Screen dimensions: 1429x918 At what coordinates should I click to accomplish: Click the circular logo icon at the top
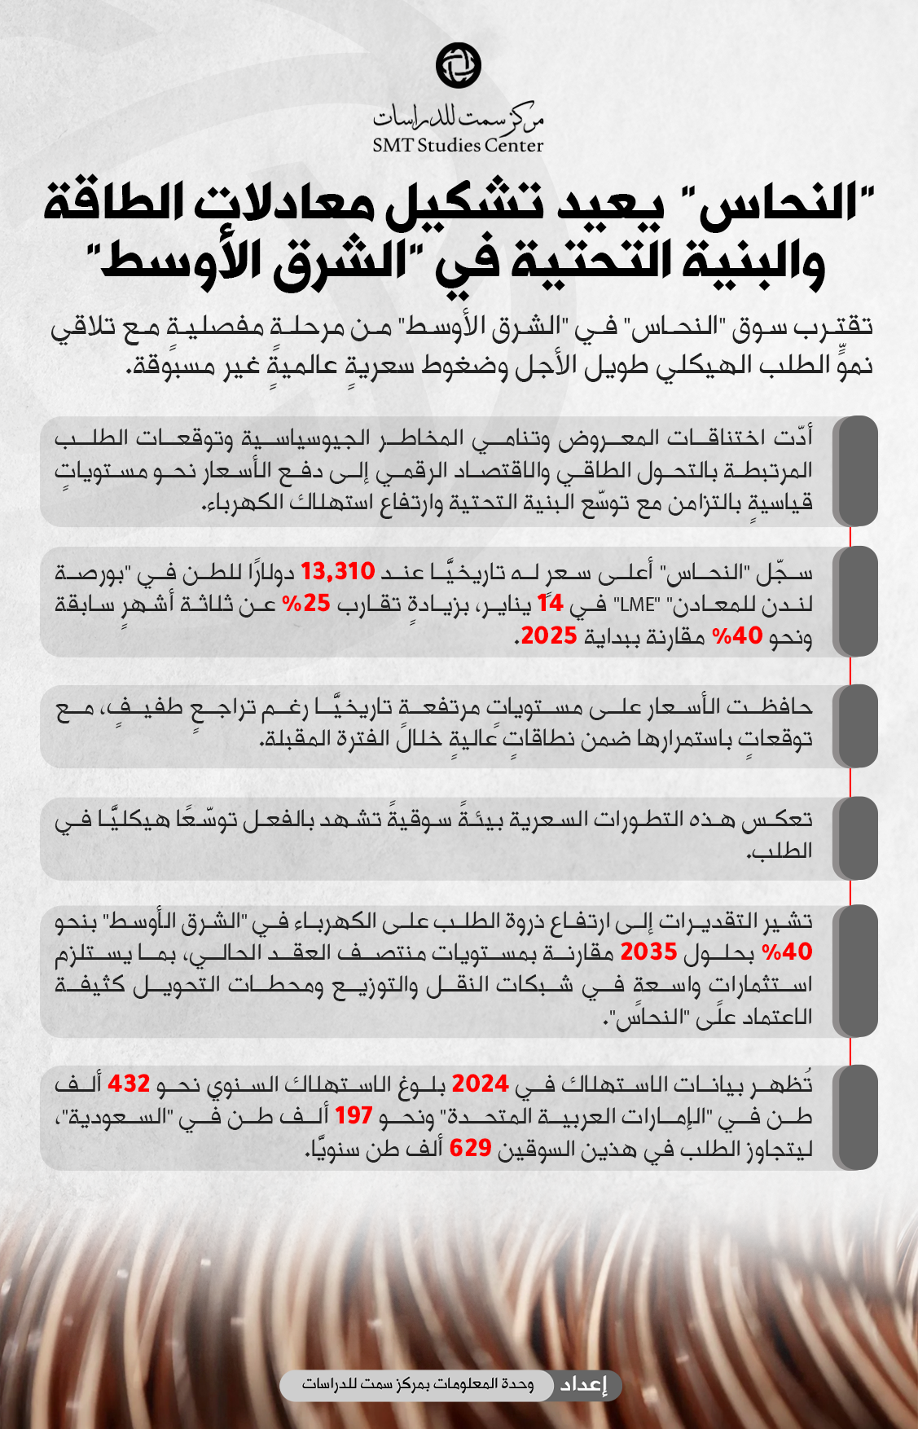coord(459,65)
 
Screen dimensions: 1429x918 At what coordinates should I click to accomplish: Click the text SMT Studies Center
coord(458,145)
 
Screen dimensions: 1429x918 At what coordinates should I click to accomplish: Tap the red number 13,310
coord(337,572)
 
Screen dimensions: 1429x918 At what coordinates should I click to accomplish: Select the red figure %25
coord(305,604)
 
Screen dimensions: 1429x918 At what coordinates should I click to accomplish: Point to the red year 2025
coord(548,635)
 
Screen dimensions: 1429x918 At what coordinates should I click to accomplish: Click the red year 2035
coord(648,952)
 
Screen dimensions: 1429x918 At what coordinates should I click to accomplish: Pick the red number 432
coord(129,1084)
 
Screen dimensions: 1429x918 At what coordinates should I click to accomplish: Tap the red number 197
coord(353,1115)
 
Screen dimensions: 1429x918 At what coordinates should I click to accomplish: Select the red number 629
coord(470,1148)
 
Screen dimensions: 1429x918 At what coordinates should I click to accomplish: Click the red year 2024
coord(480,1084)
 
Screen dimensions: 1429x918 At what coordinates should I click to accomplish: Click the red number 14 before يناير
coord(550,604)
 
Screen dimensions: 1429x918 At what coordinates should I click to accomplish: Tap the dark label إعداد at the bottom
coord(583,1385)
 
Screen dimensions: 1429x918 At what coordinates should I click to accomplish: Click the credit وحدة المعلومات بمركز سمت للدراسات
coord(418,1385)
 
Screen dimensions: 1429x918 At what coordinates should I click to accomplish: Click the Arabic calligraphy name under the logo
coord(458,117)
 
